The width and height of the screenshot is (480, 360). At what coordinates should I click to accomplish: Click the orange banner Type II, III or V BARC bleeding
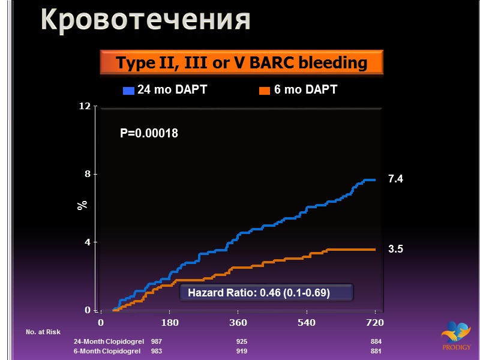pyautogui.click(x=241, y=62)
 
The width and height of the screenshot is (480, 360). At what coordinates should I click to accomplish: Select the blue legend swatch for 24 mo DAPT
pyautogui.click(x=128, y=91)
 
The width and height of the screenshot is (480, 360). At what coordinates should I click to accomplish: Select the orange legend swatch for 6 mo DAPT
pyautogui.click(x=264, y=91)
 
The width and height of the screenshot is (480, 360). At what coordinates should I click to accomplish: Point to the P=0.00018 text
pyautogui.click(x=149, y=133)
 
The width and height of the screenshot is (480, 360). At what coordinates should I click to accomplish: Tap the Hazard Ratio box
pyautogui.click(x=266, y=293)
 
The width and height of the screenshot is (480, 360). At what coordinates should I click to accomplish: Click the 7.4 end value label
pyautogui.click(x=395, y=179)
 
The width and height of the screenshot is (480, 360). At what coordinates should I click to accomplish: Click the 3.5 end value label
pyautogui.click(x=395, y=249)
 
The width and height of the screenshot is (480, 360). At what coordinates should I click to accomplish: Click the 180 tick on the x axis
pyautogui.click(x=170, y=323)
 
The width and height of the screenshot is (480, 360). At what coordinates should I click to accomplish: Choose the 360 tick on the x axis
pyautogui.click(x=238, y=323)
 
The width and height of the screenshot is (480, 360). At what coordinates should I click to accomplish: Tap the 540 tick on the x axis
pyautogui.click(x=307, y=323)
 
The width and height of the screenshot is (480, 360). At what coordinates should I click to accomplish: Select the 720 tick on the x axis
pyautogui.click(x=375, y=323)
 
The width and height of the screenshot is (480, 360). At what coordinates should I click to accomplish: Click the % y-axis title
pyautogui.click(x=82, y=204)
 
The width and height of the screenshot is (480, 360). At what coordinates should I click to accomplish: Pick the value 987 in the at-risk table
pyautogui.click(x=156, y=341)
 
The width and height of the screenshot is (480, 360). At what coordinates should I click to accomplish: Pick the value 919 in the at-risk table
pyautogui.click(x=242, y=351)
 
